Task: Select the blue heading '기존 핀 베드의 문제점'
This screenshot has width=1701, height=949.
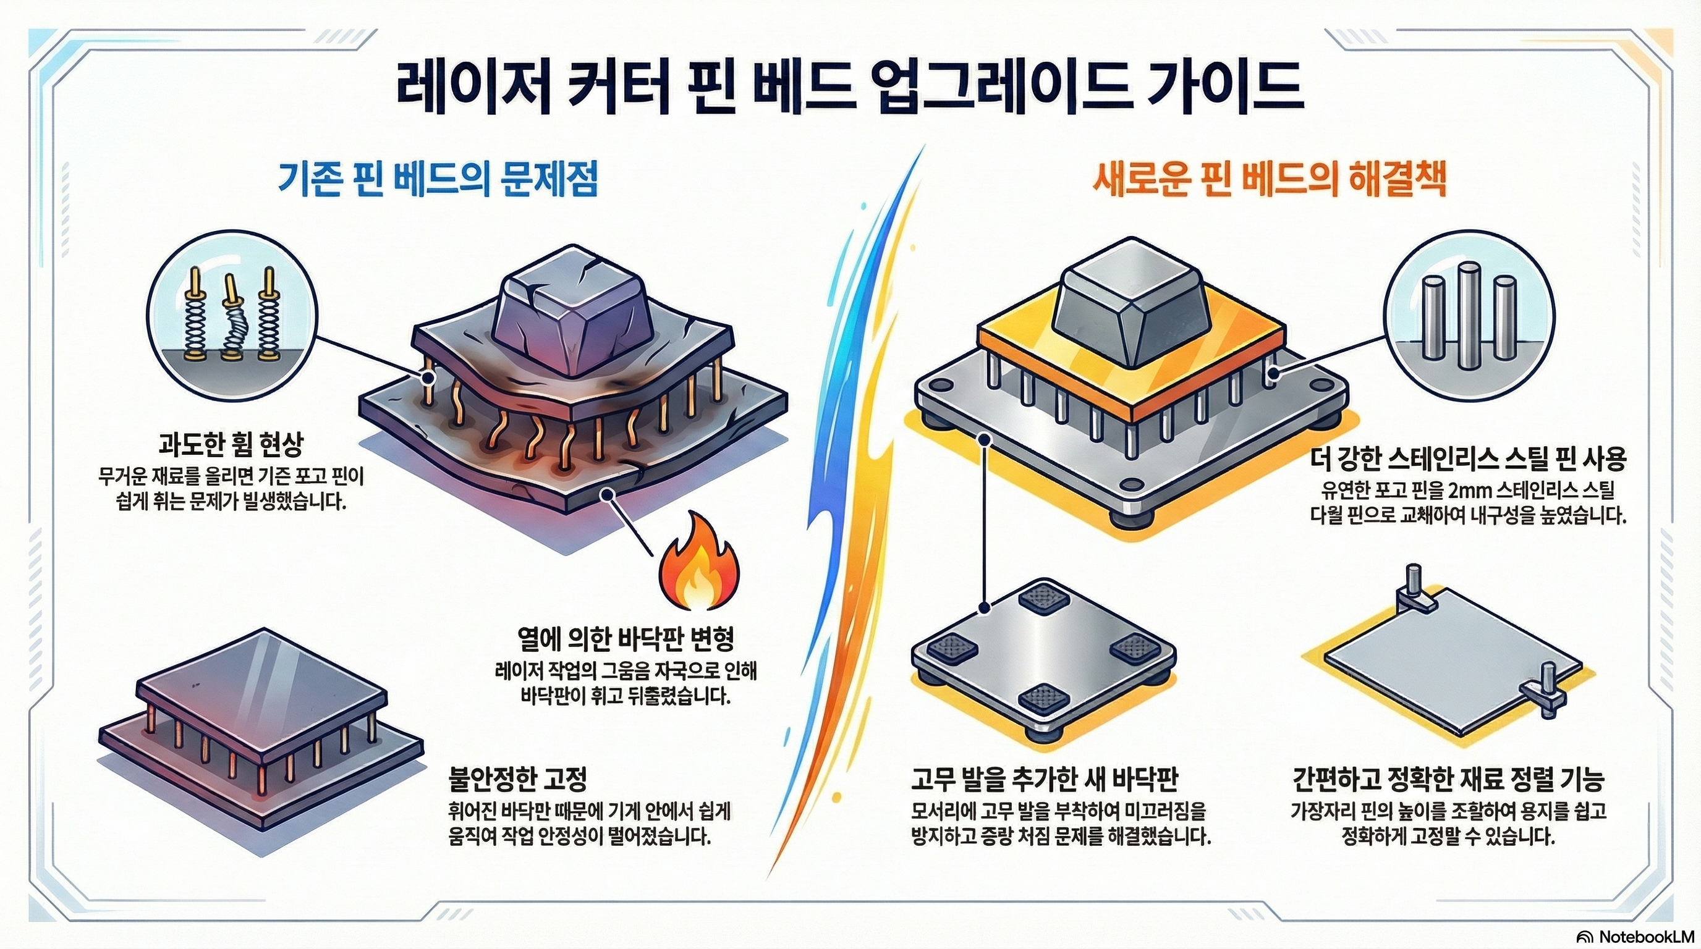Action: tap(438, 180)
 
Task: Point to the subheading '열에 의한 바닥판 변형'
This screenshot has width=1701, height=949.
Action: tap(626, 638)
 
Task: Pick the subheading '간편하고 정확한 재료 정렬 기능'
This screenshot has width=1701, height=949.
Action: tap(1448, 779)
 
